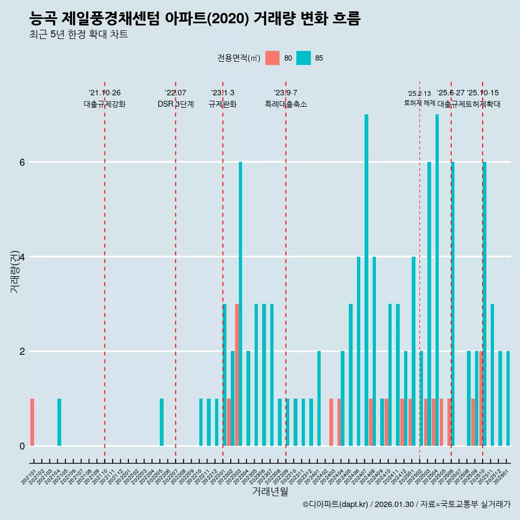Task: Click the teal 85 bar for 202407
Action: pyautogui.click(x=366, y=280)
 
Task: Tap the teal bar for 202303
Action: pyautogui.click(x=240, y=304)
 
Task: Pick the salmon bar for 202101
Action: pyautogui.click(x=32, y=422)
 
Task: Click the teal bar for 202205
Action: pyautogui.click(x=161, y=422)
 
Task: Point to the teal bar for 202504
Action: pyautogui.click(x=437, y=280)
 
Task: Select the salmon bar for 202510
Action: pyautogui.click(x=480, y=399)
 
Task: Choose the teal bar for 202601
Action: pyautogui.click(x=508, y=399)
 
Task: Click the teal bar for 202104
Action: pyautogui.click(x=59, y=422)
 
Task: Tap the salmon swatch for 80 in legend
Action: pyautogui.click(x=272, y=58)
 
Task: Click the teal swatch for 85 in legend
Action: pyautogui.click(x=304, y=58)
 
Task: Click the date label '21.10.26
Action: pyautogui.click(x=105, y=93)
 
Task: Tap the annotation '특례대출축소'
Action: pyautogui.click(x=285, y=104)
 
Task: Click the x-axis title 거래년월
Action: pyautogui.click(x=270, y=492)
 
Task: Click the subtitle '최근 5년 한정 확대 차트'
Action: pyautogui.click(x=79, y=35)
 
